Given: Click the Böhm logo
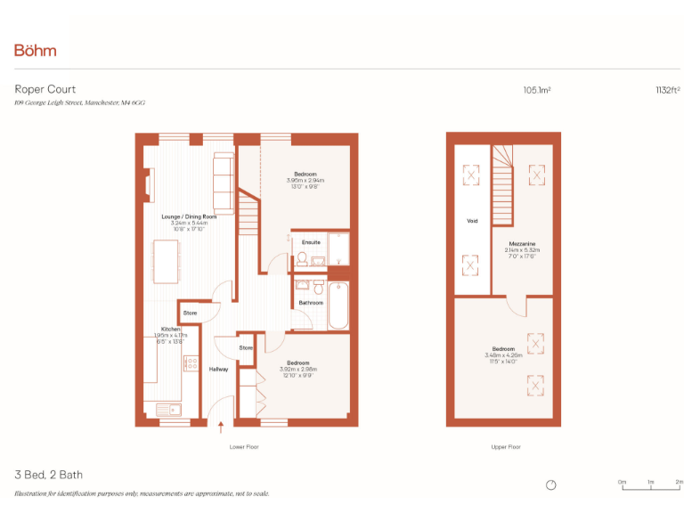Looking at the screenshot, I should [36, 50].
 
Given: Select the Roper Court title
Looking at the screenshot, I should [45, 89].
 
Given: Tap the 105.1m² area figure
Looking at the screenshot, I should [536, 90].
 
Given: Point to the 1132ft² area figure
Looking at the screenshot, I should [667, 90].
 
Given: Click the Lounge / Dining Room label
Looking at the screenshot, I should [189, 216].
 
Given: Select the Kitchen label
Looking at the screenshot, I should [170, 329].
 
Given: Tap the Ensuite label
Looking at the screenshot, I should [311, 242].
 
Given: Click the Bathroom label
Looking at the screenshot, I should [311, 303].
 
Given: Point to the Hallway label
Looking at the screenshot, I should [218, 369].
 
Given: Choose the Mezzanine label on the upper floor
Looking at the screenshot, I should [522, 243].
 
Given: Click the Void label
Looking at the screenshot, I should [472, 221].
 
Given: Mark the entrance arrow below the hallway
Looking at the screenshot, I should [221, 429].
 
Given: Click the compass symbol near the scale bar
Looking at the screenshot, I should [551, 484].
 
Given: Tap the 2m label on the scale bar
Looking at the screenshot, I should [679, 481].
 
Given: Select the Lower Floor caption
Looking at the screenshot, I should [243, 446].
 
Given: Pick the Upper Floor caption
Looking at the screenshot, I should [506, 446].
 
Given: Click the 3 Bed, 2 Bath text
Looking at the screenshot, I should [49, 475].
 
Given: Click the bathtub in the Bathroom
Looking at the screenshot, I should [338, 305].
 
